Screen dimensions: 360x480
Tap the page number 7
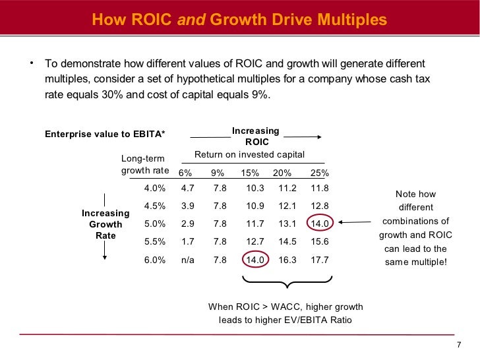point(459,347)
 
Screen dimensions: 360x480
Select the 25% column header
point(319,173)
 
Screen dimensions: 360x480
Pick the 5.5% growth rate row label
point(154,242)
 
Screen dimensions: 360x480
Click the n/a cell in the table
point(187,260)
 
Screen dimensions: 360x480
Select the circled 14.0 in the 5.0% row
point(319,224)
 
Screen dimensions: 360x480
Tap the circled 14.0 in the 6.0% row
point(255,260)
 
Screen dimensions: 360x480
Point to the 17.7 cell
point(319,260)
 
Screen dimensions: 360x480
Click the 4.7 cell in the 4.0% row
point(187,188)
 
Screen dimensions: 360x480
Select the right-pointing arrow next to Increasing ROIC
point(303,137)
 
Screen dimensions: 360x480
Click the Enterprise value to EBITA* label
point(104,135)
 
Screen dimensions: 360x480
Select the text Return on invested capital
point(249,155)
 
